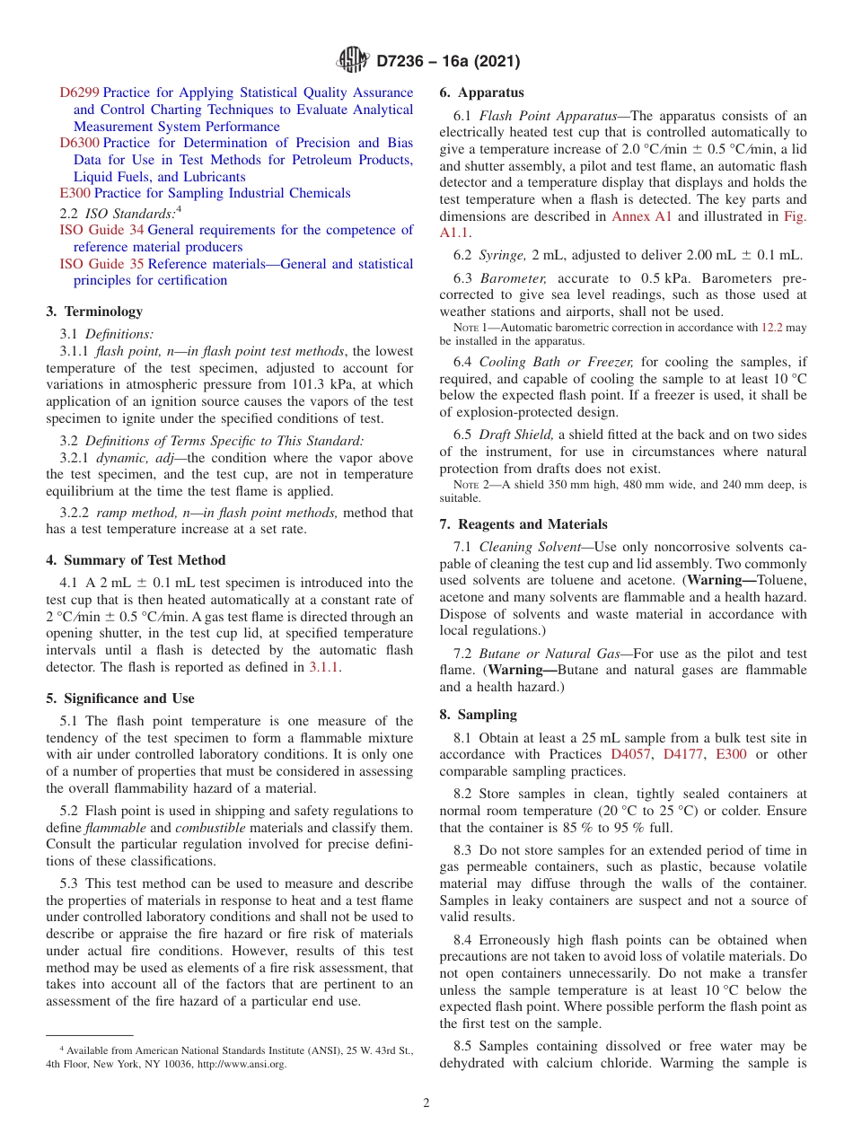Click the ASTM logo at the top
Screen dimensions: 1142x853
[352, 61]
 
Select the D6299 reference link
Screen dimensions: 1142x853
[79, 92]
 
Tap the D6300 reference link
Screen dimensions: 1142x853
[79, 143]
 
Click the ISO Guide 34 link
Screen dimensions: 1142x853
[101, 230]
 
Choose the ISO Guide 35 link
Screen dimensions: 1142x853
[101, 264]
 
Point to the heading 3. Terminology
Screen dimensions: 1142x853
[94, 312]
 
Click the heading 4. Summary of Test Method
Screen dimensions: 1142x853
[136, 560]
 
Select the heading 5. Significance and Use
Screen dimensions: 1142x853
[119, 698]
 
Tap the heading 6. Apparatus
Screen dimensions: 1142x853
[481, 92]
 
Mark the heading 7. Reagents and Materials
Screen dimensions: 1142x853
[523, 524]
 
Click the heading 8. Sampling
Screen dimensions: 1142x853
[478, 715]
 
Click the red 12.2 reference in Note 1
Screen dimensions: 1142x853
[771, 328]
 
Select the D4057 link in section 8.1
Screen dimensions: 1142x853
[632, 754]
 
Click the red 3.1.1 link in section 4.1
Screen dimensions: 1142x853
[324, 667]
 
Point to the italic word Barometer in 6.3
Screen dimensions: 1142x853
[510, 278]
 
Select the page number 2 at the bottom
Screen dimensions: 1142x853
[426, 1103]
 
